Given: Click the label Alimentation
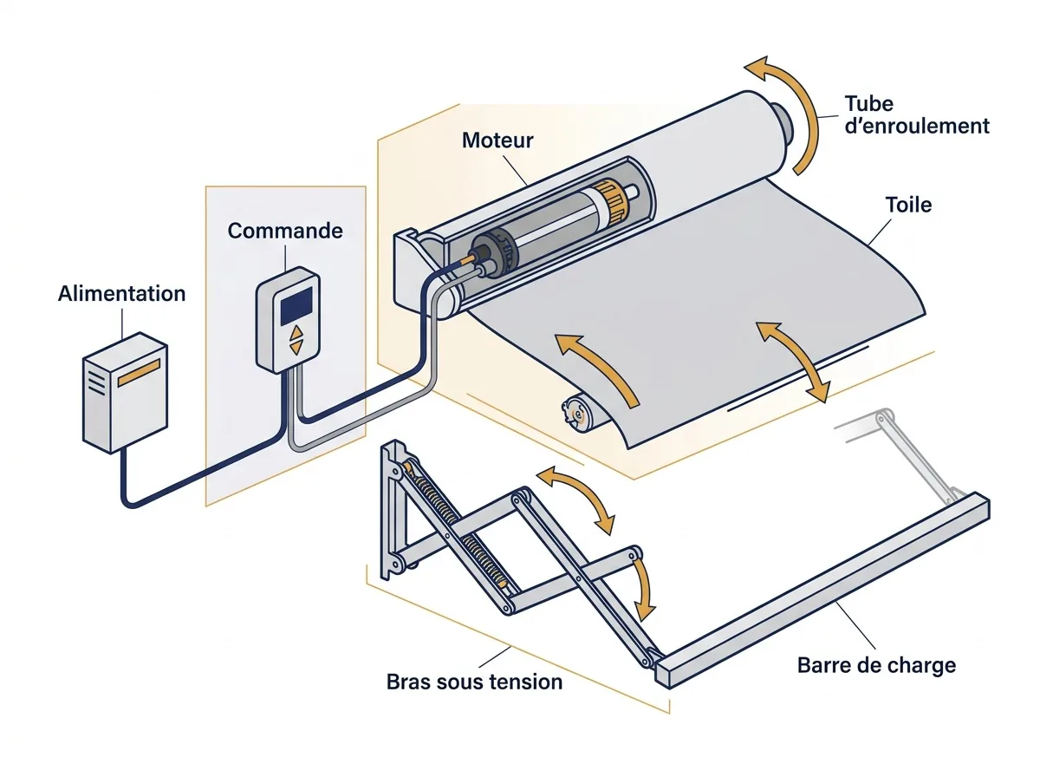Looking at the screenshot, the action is pos(122,293).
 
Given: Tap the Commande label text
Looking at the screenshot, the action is pos(285,231).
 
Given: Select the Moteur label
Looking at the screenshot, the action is pos(497,140).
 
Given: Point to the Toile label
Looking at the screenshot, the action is pos(908,205).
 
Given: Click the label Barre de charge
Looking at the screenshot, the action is pos(876,665).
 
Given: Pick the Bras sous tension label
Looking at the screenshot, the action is pos(474,682).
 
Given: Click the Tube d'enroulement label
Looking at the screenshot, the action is pos(917,115).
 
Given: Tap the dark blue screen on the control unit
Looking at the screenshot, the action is pos(296,305).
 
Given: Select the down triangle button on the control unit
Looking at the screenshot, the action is pos(296,348).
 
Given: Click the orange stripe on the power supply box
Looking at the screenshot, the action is pos(139,373).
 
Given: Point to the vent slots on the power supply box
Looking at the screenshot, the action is pos(97,383).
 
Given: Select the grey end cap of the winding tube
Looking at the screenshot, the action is pos(782,123).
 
